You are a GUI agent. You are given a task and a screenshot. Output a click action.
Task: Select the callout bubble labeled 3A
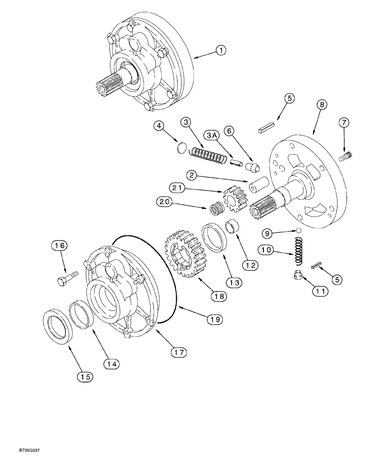point(212,135)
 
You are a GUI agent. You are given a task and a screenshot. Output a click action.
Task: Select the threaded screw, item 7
point(346,156)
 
